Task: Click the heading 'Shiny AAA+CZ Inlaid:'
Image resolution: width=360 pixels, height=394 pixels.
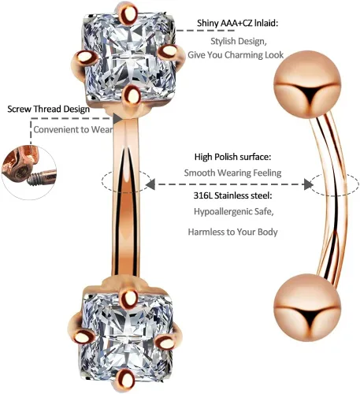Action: coord(237,23)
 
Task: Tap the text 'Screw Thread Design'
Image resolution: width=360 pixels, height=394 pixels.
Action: coord(49,109)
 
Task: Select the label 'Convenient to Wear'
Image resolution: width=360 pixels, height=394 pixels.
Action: coord(73,129)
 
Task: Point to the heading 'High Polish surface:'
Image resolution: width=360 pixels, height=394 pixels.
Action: coord(232,157)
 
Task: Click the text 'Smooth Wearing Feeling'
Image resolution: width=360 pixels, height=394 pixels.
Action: coord(232,173)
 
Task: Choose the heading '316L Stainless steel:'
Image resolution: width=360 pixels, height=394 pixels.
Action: coord(232,195)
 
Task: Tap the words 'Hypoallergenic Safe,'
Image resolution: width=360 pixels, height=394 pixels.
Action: coord(234,211)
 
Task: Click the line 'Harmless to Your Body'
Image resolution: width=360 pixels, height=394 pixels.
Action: coord(232,232)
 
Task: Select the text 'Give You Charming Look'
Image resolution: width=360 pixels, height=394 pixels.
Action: coord(236,55)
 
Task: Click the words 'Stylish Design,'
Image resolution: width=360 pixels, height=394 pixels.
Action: coord(239,41)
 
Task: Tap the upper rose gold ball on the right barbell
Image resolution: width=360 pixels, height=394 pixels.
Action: coord(307,84)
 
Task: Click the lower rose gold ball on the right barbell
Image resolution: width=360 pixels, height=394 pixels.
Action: coord(307,307)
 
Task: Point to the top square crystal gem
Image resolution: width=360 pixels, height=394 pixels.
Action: coord(129,57)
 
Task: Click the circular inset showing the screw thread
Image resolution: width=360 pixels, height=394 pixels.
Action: coord(29,173)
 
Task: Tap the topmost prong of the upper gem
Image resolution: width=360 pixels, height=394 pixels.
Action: coord(130,13)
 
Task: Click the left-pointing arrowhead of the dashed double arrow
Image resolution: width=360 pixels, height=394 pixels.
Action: coord(150,184)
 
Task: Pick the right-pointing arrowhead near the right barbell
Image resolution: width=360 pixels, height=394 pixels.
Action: coord(308,184)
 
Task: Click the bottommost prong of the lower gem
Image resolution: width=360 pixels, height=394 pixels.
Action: coord(127,381)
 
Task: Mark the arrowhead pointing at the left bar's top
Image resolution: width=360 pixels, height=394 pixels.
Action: coord(117,118)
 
